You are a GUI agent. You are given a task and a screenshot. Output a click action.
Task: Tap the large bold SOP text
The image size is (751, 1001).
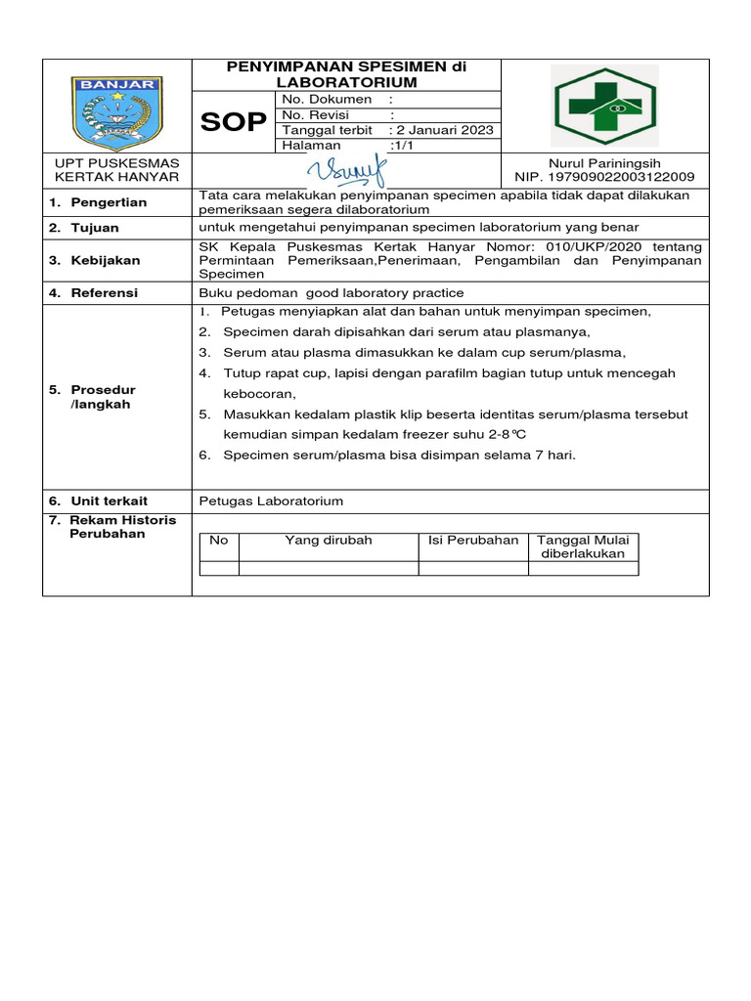(x=233, y=121)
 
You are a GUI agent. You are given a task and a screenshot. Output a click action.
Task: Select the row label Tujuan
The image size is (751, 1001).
(x=95, y=228)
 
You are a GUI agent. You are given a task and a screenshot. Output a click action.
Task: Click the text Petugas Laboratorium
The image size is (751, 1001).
(x=271, y=500)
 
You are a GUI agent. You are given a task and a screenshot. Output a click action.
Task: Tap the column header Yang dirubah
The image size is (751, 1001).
(x=329, y=541)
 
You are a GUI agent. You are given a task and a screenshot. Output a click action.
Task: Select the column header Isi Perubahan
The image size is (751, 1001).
(x=473, y=541)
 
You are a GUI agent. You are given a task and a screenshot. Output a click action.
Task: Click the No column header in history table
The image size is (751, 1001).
(x=218, y=541)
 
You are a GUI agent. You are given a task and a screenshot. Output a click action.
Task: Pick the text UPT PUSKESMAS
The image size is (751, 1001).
(x=116, y=162)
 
